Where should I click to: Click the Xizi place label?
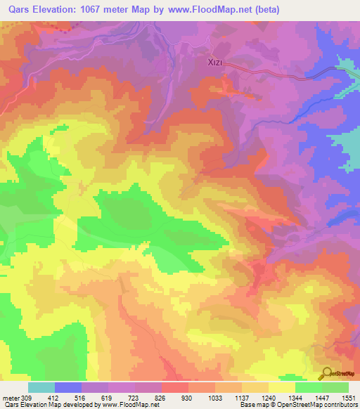click(x=218, y=63)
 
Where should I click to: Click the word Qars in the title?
click(x=20, y=9)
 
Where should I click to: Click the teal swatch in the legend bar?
click(x=41, y=387)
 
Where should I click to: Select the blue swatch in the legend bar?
click(x=68, y=387)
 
